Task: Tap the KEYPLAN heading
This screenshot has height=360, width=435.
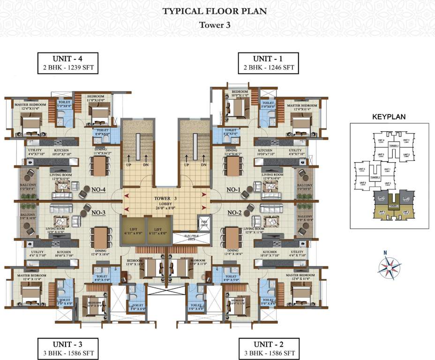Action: click(389, 117)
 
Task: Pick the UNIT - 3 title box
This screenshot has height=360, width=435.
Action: click(68, 348)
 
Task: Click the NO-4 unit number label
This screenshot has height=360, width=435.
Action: click(98, 190)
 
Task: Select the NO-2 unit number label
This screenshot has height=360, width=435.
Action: click(234, 212)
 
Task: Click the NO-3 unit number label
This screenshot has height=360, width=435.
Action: click(98, 212)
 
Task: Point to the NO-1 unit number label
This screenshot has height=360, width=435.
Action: click(234, 190)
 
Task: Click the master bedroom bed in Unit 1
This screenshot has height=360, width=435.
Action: click(299, 124)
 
